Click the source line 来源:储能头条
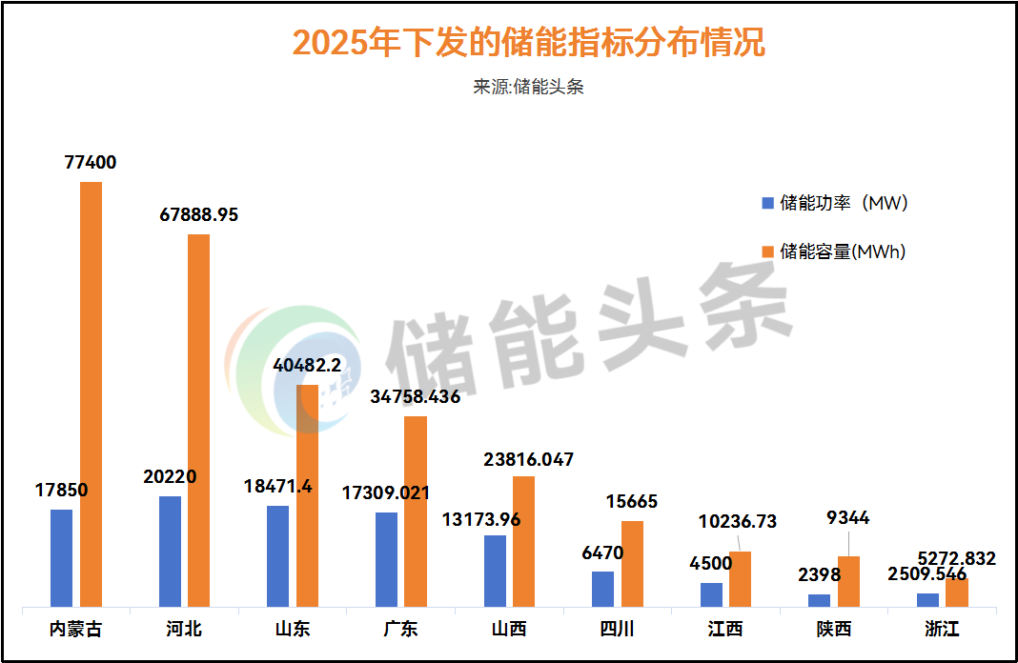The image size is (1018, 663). click(528, 87)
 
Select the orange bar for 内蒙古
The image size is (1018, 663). click(91, 393)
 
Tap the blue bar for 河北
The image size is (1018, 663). click(170, 551)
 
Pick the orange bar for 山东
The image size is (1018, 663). click(307, 495)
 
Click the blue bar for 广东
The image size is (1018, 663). click(386, 559)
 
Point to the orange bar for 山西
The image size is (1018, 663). click(523, 541)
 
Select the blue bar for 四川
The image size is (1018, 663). click(602, 589)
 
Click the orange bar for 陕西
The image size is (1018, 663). click(848, 581)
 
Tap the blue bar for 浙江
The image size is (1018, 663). click(927, 599)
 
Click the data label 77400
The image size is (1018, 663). click(91, 163)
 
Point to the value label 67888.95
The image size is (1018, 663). click(198, 215)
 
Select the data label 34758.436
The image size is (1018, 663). click(415, 396)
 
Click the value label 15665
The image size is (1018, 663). click(632, 502)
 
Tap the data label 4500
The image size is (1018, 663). click(710, 563)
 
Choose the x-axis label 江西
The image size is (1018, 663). click(725, 630)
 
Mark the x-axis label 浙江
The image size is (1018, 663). click(942, 630)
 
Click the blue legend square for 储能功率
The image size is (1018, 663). click(767, 203)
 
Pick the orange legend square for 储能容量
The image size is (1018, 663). click(767, 251)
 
